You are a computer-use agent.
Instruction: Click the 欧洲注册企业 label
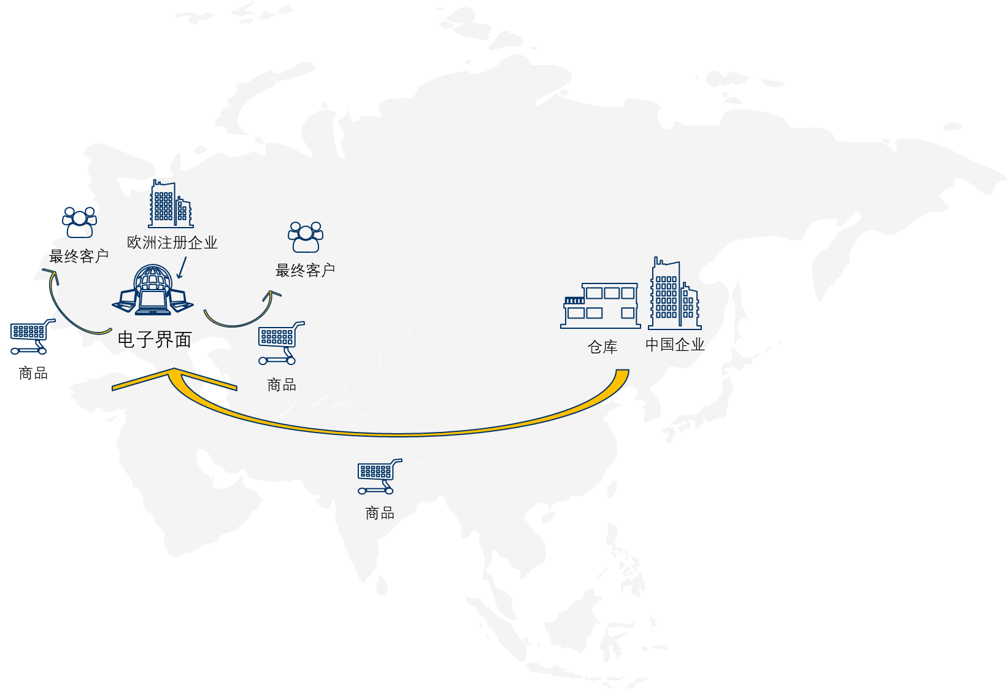click(172, 243)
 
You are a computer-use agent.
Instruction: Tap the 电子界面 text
click(155, 339)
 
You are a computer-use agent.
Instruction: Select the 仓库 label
click(602, 347)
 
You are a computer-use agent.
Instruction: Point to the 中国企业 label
click(674, 345)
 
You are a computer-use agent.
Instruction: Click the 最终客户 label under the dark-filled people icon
click(79, 256)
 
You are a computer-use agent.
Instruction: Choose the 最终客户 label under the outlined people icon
click(305, 271)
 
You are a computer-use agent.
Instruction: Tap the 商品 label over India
click(379, 513)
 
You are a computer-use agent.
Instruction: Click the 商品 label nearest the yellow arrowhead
click(282, 385)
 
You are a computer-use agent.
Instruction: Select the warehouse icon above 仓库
click(600, 306)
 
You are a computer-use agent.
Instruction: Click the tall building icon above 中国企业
click(674, 294)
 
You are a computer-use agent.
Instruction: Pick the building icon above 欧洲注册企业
click(170, 204)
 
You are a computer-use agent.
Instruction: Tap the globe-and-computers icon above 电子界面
click(153, 290)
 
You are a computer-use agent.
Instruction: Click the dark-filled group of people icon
click(79, 222)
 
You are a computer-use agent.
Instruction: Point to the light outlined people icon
click(306, 237)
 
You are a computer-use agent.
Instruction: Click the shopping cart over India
click(379, 476)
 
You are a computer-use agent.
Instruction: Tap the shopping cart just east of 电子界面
click(280, 342)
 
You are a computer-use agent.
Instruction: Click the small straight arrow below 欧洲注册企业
click(181, 268)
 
